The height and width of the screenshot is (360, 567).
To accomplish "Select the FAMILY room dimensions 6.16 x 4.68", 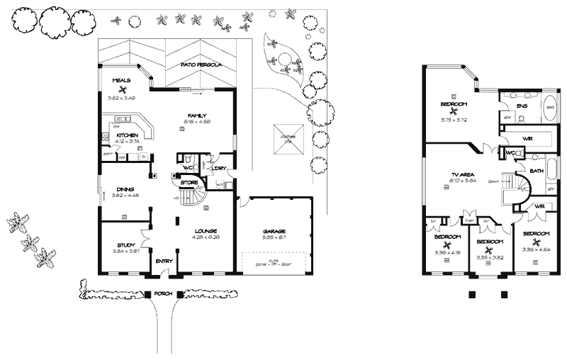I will pos(196,121).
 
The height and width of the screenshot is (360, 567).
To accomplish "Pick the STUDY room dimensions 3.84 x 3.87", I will pos(126,252).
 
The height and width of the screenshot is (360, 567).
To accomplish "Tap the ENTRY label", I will pos(164,261).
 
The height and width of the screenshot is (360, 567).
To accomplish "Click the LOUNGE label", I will pos(206,230).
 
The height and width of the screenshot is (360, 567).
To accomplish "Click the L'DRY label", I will pos(218,168).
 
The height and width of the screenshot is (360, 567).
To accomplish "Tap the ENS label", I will pos(522,106).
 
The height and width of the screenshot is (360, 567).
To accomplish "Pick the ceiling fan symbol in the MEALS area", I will pos(121,89).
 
